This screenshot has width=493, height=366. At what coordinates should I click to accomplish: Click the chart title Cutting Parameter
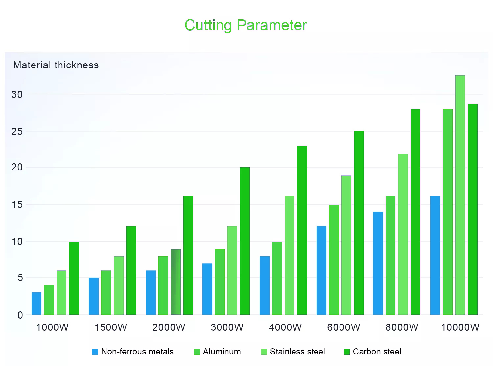246,25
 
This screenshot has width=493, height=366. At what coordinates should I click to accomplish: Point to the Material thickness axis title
56,65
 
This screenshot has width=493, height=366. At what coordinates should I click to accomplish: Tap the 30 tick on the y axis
17,95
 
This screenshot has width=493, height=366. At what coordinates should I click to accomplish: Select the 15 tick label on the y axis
17,205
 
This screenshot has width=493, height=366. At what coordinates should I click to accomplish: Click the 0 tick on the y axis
20,315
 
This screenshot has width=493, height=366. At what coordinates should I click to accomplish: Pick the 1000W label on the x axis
52,327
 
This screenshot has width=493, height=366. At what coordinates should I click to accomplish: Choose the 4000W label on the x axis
285,327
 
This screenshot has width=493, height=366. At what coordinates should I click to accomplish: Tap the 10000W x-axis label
460,327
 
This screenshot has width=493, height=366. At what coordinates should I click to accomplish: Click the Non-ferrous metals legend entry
133,352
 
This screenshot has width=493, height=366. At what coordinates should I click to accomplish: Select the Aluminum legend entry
217,352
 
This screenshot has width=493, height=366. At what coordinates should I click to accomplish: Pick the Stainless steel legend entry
293,352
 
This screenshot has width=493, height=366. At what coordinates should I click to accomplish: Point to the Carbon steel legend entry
372,352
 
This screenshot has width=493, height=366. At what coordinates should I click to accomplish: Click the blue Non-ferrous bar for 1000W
36,303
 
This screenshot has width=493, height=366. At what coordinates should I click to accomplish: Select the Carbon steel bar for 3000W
245,241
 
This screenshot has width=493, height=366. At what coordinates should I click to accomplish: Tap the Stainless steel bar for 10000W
460,195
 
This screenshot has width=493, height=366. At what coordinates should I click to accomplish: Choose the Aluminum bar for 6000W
334,260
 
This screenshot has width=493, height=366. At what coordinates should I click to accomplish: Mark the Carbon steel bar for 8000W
415,212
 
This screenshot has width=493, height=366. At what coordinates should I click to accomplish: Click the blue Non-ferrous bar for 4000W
265,285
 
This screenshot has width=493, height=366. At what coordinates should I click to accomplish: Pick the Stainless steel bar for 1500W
118,285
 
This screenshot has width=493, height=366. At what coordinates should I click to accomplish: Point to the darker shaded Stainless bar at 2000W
176,282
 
